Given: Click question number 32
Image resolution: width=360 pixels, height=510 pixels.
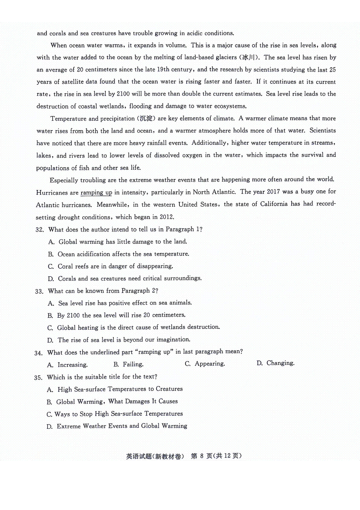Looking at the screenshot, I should click(x=39, y=230).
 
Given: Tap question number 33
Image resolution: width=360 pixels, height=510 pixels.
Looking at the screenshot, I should click(x=39, y=291).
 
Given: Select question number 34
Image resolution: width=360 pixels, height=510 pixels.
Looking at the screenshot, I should click(x=38, y=353).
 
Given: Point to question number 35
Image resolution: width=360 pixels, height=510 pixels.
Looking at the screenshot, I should click(x=38, y=378).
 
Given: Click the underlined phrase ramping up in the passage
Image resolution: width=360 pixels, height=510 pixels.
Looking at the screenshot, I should click(x=96, y=192).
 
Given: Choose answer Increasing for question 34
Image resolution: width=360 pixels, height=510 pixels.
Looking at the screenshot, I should click(x=72, y=365).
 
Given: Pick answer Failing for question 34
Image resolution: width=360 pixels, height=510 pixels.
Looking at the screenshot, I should click(x=133, y=364).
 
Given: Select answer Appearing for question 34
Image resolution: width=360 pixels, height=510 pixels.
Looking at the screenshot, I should click(x=210, y=364).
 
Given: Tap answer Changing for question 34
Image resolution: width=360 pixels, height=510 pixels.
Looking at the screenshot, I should click(x=280, y=363).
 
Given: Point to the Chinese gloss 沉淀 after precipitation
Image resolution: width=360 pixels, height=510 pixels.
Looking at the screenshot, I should click(x=146, y=118).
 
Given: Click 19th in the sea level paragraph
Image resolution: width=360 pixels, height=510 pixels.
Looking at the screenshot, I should click(x=163, y=69).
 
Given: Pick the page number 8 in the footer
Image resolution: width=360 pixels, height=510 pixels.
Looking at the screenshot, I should click(x=202, y=456).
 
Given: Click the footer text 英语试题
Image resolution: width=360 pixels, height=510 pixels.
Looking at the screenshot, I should click(x=139, y=456).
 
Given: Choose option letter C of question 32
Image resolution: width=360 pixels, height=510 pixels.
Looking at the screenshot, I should click(x=51, y=267).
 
